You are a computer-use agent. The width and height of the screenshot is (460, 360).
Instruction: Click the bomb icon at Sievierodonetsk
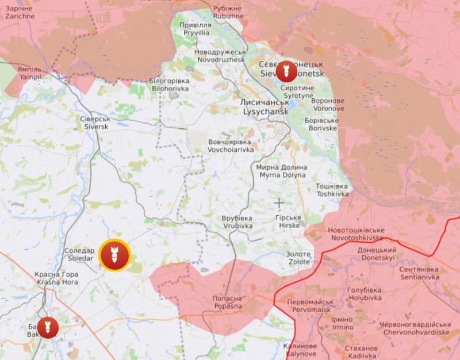[286, 72]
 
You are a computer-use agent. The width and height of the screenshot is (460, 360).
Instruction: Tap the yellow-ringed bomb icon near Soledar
[114, 255]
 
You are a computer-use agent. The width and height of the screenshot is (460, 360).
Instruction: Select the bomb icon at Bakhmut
[48, 327]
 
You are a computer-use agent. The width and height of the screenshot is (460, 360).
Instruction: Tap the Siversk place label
[95, 122]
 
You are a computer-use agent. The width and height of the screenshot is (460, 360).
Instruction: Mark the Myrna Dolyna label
[282, 171]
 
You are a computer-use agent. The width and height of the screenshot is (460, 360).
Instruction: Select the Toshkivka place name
[332, 190]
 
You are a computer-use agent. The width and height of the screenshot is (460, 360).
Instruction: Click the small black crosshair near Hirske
[279, 202]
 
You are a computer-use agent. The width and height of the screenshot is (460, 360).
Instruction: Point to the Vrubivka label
[237, 223]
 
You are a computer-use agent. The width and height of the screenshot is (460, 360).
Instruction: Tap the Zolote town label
[298, 258]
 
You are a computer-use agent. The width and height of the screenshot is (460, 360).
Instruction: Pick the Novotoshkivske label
[356, 234]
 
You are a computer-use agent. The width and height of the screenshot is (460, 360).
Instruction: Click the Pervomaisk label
[310, 305]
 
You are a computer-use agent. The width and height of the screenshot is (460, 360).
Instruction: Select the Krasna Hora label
[56, 278]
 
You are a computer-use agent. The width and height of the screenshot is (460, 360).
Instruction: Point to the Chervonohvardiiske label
[415, 328]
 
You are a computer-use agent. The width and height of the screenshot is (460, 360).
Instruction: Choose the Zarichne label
[20, 13]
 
